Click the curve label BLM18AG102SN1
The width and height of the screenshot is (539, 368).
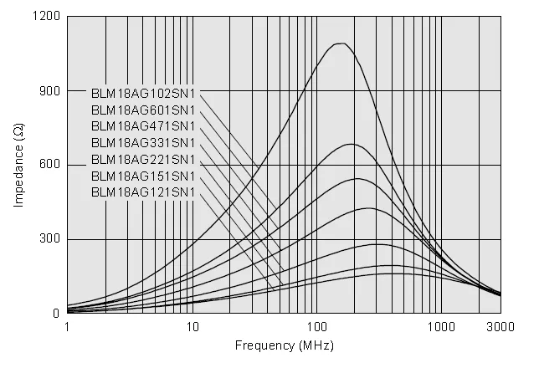click(x=143, y=93)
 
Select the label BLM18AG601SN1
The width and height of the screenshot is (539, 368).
click(x=143, y=110)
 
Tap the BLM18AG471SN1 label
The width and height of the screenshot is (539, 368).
click(x=143, y=126)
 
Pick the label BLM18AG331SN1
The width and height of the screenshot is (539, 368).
click(x=143, y=143)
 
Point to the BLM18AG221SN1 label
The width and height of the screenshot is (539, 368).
click(x=143, y=160)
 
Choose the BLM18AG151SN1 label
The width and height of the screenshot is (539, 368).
click(x=143, y=176)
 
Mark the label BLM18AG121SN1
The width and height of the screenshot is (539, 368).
click(x=143, y=193)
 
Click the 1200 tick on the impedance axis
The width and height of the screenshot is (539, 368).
click(x=47, y=17)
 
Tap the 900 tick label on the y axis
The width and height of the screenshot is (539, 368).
click(x=50, y=91)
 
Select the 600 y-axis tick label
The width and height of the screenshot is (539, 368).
click(x=50, y=165)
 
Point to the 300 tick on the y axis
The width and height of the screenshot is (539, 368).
click(x=50, y=239)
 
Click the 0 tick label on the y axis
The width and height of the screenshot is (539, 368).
click(x=56, y=314)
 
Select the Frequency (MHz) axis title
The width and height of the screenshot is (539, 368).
click(x=284, y=345)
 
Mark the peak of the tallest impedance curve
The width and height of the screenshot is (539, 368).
click(x=340, y=43)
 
